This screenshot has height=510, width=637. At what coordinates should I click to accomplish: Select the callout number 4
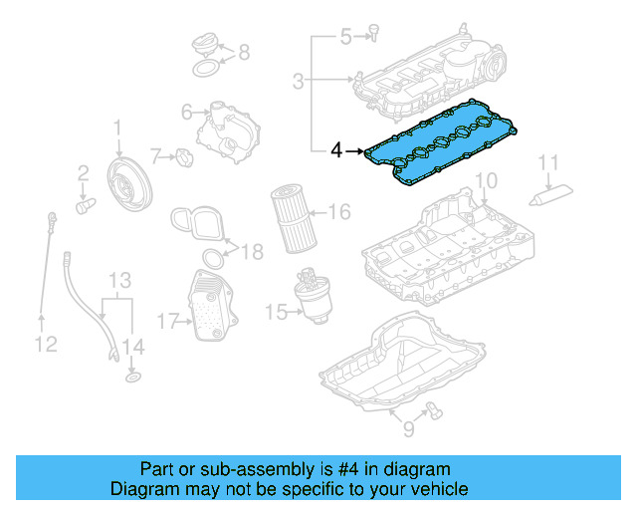tap(336, 151)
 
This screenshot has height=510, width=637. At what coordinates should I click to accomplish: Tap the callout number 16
tap(338, 211)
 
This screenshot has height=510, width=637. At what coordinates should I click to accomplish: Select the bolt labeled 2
tap(85, 204)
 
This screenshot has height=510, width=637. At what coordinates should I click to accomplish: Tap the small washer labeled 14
tap(131, 378)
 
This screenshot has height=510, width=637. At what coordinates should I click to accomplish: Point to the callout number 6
tap(186, 113)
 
